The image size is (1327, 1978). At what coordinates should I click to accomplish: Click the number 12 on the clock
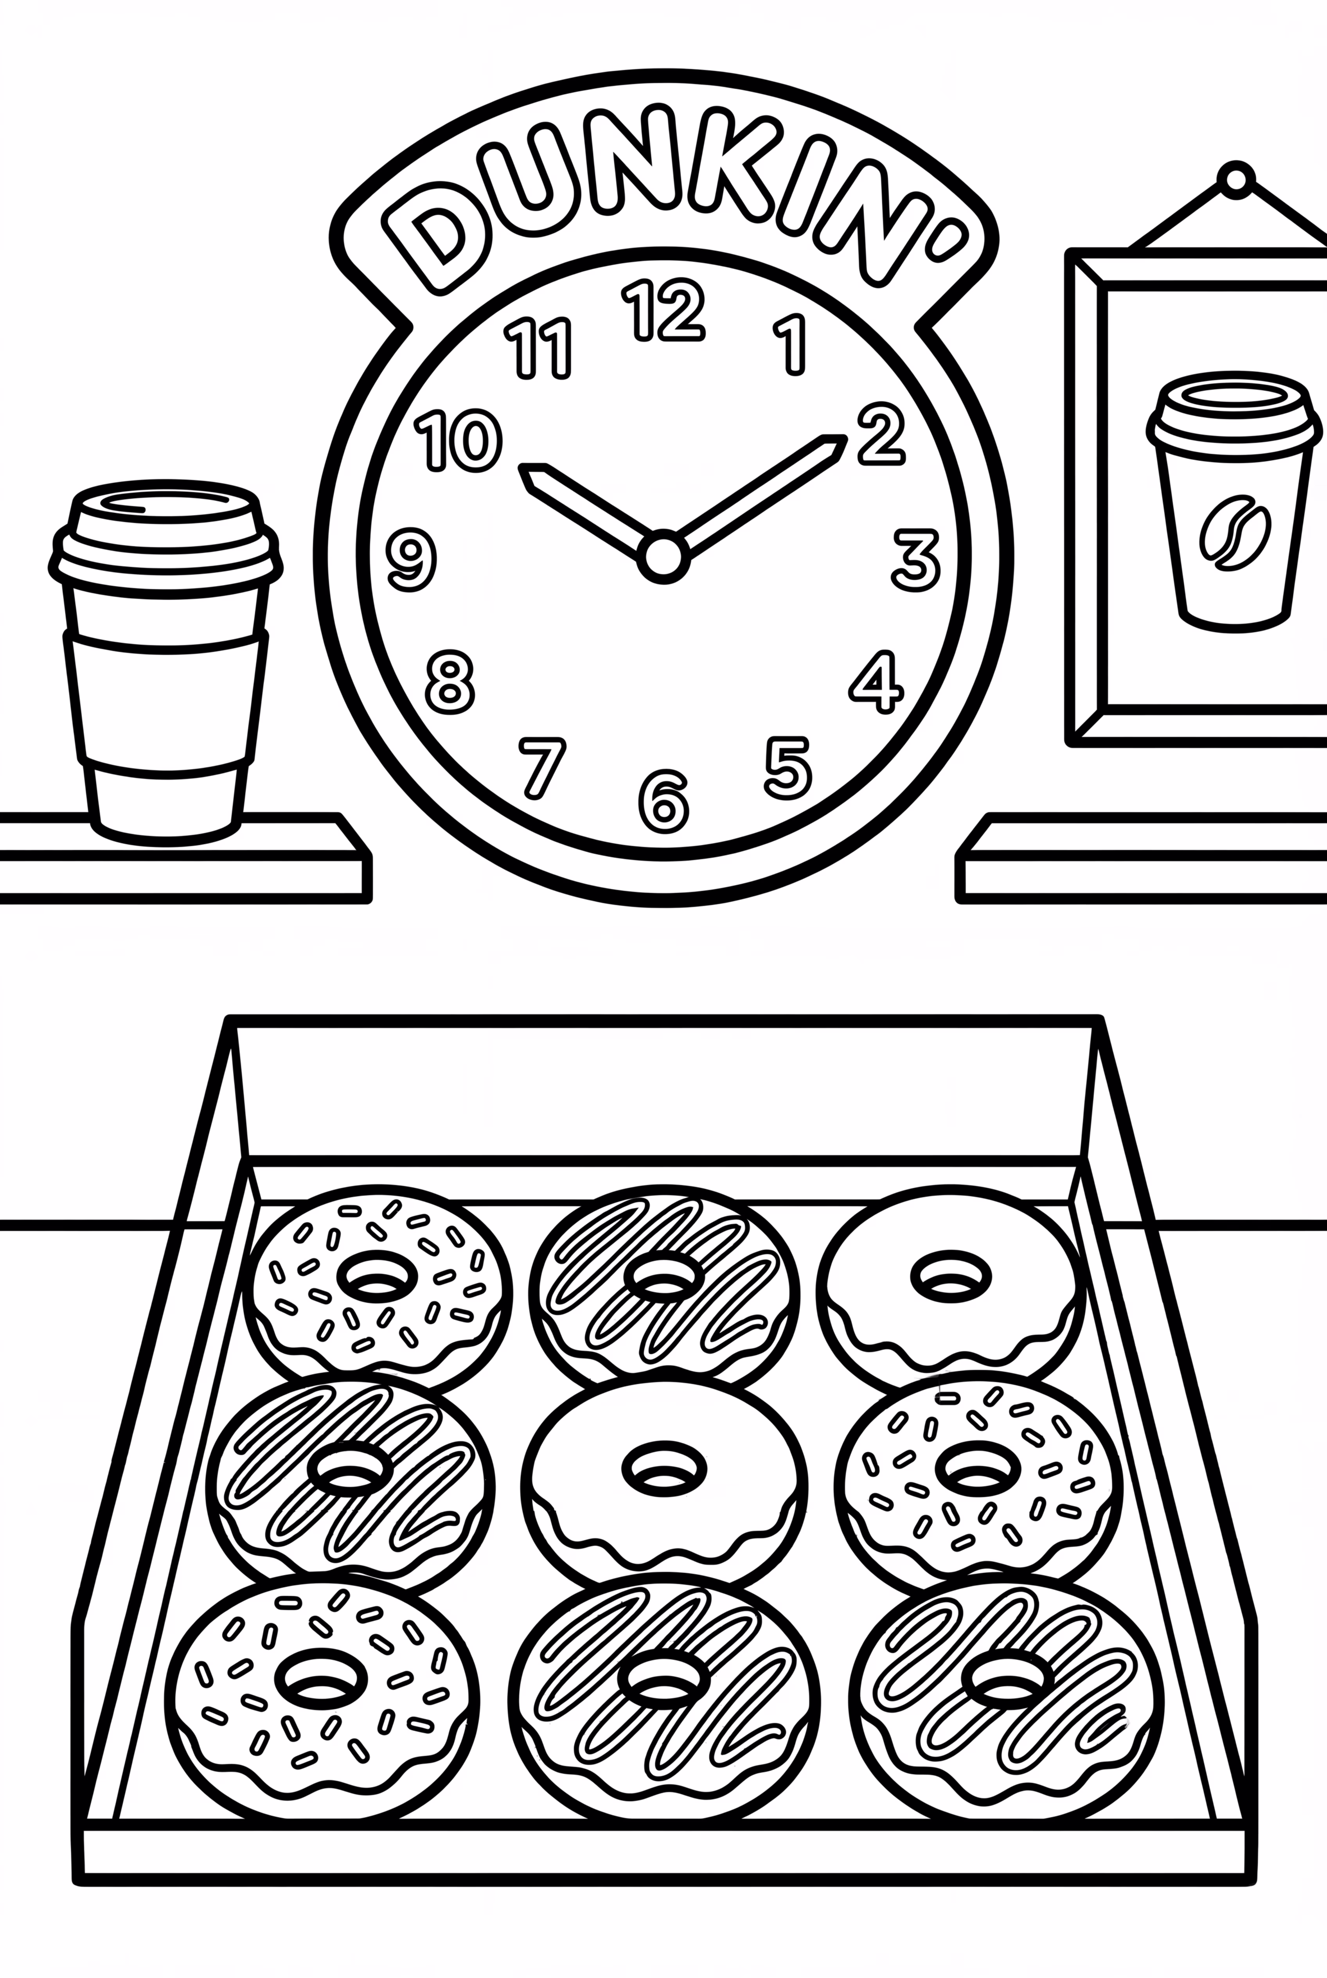[663, 311]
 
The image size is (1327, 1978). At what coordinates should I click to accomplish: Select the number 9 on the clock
[411, 559]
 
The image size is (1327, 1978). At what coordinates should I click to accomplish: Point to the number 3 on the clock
[917, 559]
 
